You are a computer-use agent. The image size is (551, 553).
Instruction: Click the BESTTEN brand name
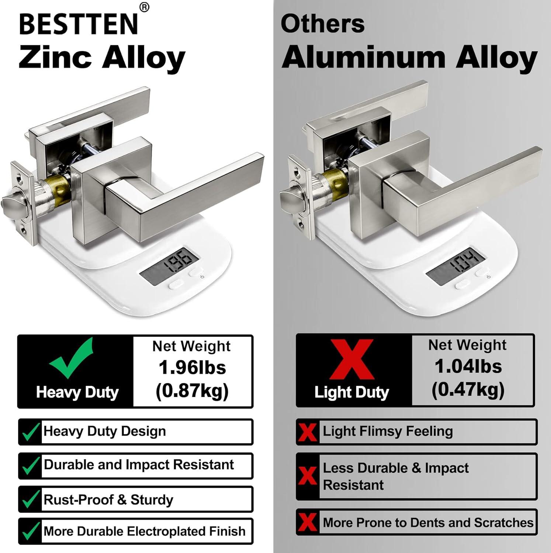79,24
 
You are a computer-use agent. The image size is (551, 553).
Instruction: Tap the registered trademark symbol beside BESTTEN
145,8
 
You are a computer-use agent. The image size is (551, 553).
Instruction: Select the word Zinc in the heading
55,58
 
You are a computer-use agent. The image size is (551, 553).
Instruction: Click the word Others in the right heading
323,24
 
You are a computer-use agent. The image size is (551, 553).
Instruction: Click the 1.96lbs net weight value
192,368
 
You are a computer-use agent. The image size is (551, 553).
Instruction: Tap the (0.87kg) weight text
192,391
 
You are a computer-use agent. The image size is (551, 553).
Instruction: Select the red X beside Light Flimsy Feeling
308,432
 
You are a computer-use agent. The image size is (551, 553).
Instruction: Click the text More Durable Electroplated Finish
144,531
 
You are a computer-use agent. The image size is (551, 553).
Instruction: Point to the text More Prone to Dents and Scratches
428,522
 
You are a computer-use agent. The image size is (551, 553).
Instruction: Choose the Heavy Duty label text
77,392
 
